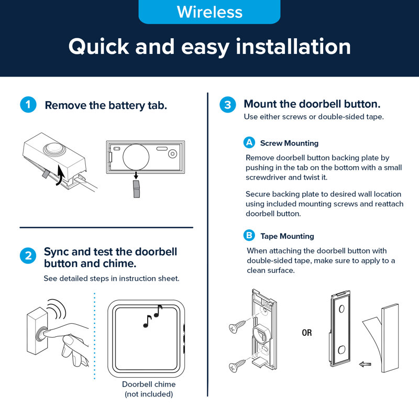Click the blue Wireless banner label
coord(210,12)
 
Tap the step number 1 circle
coord(28,104)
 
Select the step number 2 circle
coord(28,256)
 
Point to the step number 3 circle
coord(228,104)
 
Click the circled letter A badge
coord(249,142)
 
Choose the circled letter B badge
coord(249,235)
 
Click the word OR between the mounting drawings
coord(307,333)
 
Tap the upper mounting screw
coord(237,326)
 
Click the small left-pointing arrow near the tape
coord(365,364)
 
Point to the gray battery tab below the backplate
coord(136,189)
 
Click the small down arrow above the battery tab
coord(136,175)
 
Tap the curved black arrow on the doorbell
coord(60,175)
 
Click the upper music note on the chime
coord(158,311)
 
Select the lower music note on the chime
coord(147,321)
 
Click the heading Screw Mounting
coord(290,143)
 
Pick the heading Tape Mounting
coord(287,236)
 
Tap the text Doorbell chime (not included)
coord(149,389)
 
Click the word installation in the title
coord(293,47)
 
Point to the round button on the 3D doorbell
coord(53,148)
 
